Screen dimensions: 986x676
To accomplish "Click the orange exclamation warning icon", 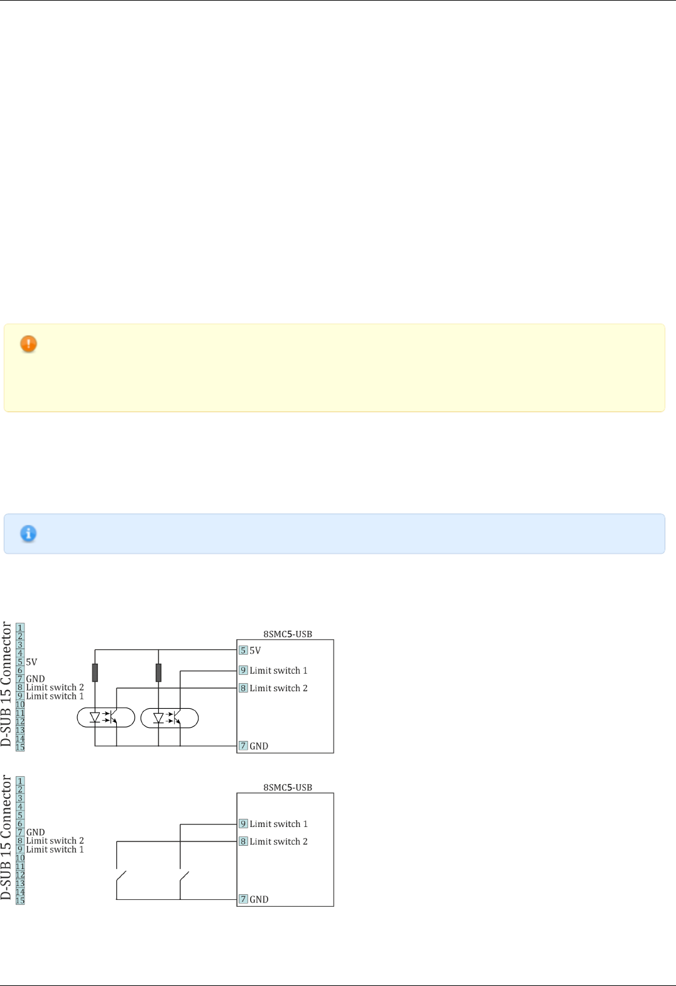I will (x=28, y=344).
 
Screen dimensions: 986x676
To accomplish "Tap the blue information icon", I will (x=28, y=534).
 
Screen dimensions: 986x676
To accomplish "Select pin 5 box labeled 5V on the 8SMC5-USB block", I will (x=243, y=650).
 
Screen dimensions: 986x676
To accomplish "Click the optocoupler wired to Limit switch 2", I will (x=106, y=718).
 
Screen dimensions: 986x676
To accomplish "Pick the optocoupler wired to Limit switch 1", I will (x=169, y=718).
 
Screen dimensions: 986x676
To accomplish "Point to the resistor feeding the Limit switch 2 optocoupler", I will (x=95, y=672).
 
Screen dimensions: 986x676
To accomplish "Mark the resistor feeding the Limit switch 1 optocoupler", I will (x=158, y=672).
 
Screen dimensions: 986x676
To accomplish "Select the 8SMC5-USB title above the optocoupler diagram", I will (x=288, y=634).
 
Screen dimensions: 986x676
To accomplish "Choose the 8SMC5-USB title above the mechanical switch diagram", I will (x=288, y=787).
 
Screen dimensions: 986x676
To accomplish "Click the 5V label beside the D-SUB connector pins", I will (x=31, y=662).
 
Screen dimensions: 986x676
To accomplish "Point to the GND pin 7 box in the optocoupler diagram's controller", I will (x=243, y=746).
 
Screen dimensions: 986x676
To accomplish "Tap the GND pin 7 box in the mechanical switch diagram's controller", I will (x=243, y=899).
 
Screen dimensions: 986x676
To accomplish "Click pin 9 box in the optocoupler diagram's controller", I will (x=243, y=671).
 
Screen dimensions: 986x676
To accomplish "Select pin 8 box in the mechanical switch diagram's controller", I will (x=243, y=841).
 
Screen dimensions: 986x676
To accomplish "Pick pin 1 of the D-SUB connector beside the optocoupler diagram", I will (x=20, y=628).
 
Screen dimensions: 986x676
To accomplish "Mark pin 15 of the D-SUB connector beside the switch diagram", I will (x=20, y=901).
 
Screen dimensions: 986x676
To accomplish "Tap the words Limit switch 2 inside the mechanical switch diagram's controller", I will (x=278, y=841).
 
